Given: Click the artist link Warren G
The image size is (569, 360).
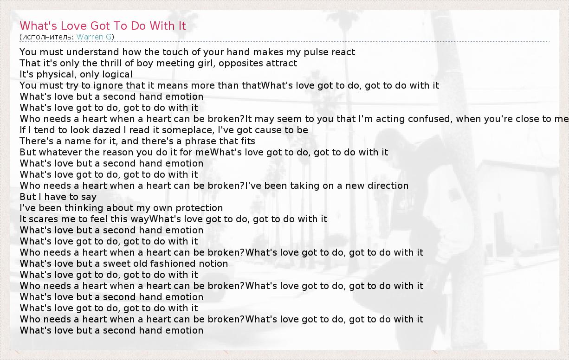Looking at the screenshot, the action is (x=94, y=37).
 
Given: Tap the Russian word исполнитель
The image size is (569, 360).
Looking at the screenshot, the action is (x=48, y=37).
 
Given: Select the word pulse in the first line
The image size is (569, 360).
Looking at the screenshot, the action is (x=314, y=52).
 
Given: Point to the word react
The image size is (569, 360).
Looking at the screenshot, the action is (x=342, y=52).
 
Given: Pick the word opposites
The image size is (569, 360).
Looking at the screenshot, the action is (x=237, y=64).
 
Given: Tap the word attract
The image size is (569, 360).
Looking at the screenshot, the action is (x=278, y=64).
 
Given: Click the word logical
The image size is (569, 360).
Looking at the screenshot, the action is (x=117, y=75).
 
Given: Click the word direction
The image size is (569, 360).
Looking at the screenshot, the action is (x=388, y=186).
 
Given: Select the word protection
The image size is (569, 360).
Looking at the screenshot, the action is (x=199, y=208).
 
